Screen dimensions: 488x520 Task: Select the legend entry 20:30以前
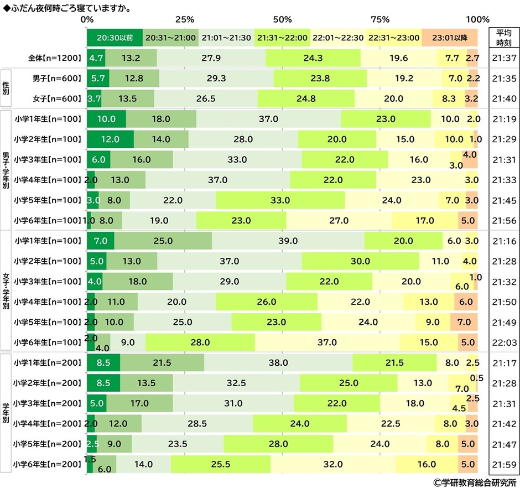coord(115,38)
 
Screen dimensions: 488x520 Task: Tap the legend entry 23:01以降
coord(449,38)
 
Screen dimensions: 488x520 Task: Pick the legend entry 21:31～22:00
coord(282,38)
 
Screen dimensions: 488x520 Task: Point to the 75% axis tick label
coord(380,19)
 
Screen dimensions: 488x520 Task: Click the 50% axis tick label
coord(282,19)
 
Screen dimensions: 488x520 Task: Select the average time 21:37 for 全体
coord(504,58)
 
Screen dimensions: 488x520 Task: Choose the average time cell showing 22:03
coord(504,342)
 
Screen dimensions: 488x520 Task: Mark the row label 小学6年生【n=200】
coord(48,464)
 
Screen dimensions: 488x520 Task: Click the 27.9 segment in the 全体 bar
coord(211,58)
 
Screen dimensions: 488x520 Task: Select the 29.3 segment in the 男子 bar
coord(216,78)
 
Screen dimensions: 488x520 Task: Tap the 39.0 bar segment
coord(288,241)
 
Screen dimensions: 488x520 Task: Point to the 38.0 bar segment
coord(278,363)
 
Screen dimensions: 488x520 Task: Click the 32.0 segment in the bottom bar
coord(333,464)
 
